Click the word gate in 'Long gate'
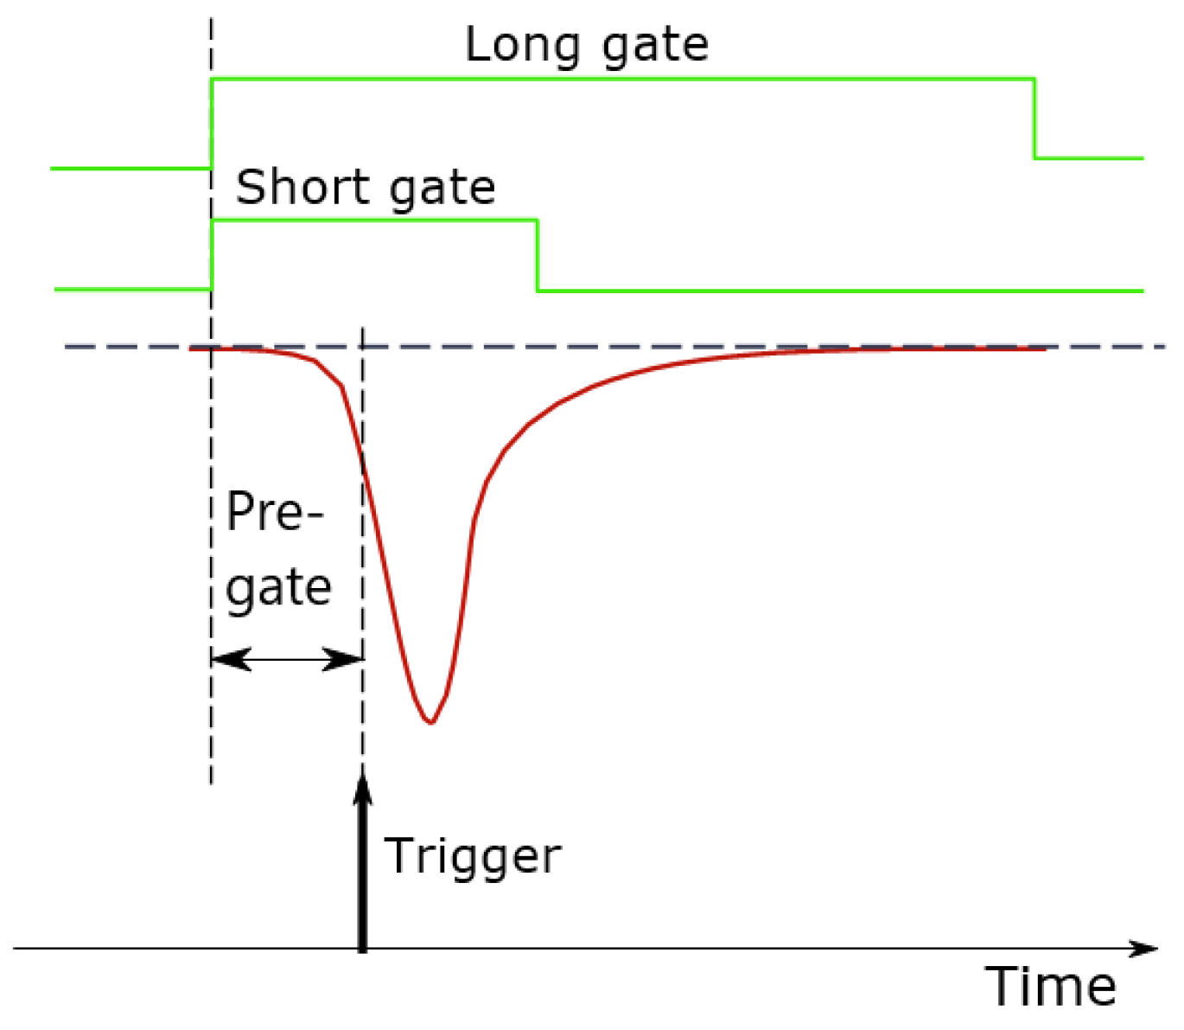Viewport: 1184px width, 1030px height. [655, 48]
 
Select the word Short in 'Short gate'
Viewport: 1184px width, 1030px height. [302, 187]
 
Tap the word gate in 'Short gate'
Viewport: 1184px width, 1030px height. [442, 191]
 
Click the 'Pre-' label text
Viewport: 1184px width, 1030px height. [274, 510]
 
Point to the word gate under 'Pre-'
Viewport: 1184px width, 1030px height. [278, 591]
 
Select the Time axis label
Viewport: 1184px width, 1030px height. [1050, 986]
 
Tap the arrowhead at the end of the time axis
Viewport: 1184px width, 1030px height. [1143, 949]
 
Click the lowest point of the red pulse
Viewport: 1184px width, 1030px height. [430, 723]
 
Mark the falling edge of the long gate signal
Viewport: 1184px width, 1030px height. [1034, 118]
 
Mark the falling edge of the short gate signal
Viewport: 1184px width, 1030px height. [537, 255]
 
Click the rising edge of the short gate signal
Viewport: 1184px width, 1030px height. [212, 255]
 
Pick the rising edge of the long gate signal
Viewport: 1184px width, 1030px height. [212, 124]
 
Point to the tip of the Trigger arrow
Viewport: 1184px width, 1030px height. [362, 771]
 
